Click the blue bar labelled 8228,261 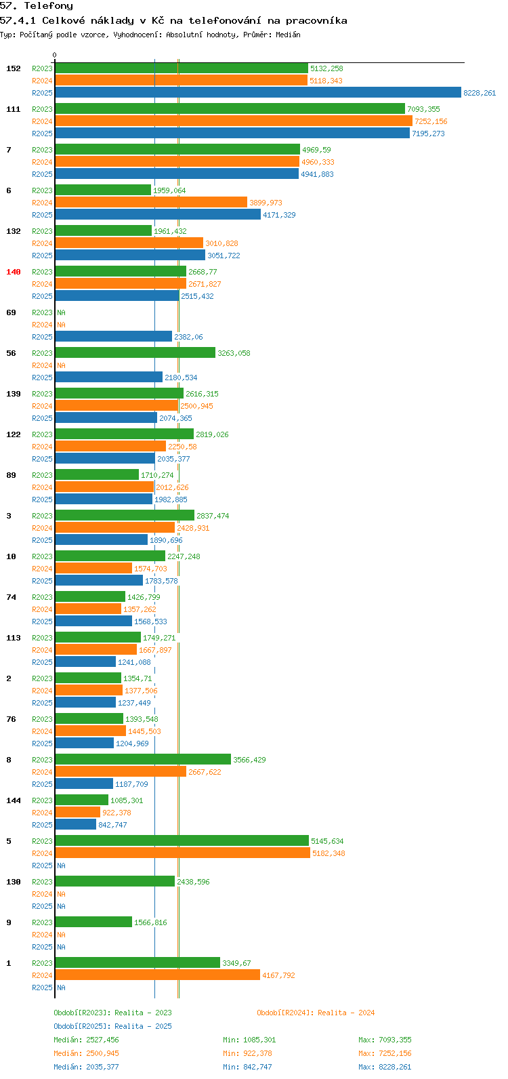pos(258,92)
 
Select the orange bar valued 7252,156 pos(234,121)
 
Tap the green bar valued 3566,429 pos(143,759)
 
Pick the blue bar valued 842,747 pos(76,824)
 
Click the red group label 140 pos(14,272)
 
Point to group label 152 pos(14,68)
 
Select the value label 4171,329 pos(279,215)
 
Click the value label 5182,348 pos(329,853)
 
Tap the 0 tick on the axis pos(54,55)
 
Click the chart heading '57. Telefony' pos(37,6)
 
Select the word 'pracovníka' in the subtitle pos(316,21)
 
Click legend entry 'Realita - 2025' pos(143,1026)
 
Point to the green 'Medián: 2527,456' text pos(86,1040)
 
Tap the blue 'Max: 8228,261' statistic pos(385,1067)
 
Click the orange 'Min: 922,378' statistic pos(247,1053)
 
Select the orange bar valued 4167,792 pos(158,975)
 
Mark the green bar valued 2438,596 pos(115,881)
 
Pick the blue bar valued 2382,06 pos(114,336)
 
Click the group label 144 pos(14,800)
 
